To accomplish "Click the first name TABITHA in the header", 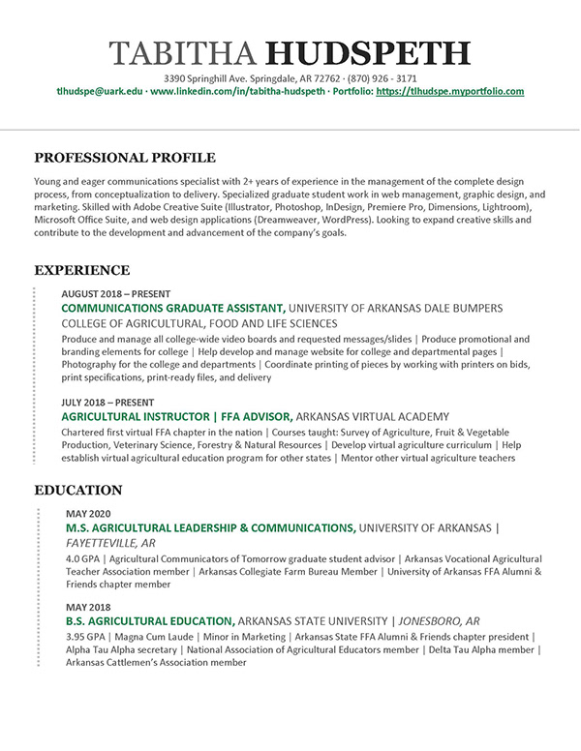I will coord(184,54).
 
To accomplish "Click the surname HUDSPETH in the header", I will coord(368,54).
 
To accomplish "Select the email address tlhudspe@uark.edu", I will coord(100,92).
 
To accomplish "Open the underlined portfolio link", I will coord(449,92).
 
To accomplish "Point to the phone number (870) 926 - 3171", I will coord(382,77).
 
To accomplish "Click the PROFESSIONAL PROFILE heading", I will coord(125,158).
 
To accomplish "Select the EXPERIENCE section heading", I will coord(82,270).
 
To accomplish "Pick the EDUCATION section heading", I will coord(78,491).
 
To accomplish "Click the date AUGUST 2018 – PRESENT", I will coord(115,293).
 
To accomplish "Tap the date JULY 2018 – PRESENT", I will coord(107,401).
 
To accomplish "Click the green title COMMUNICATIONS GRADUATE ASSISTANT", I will coord(172,308).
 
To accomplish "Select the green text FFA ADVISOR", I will coord(248,415).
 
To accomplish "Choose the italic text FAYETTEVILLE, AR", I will coord(110,544).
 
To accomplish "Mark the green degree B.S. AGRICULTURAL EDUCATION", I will coord(149,620).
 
